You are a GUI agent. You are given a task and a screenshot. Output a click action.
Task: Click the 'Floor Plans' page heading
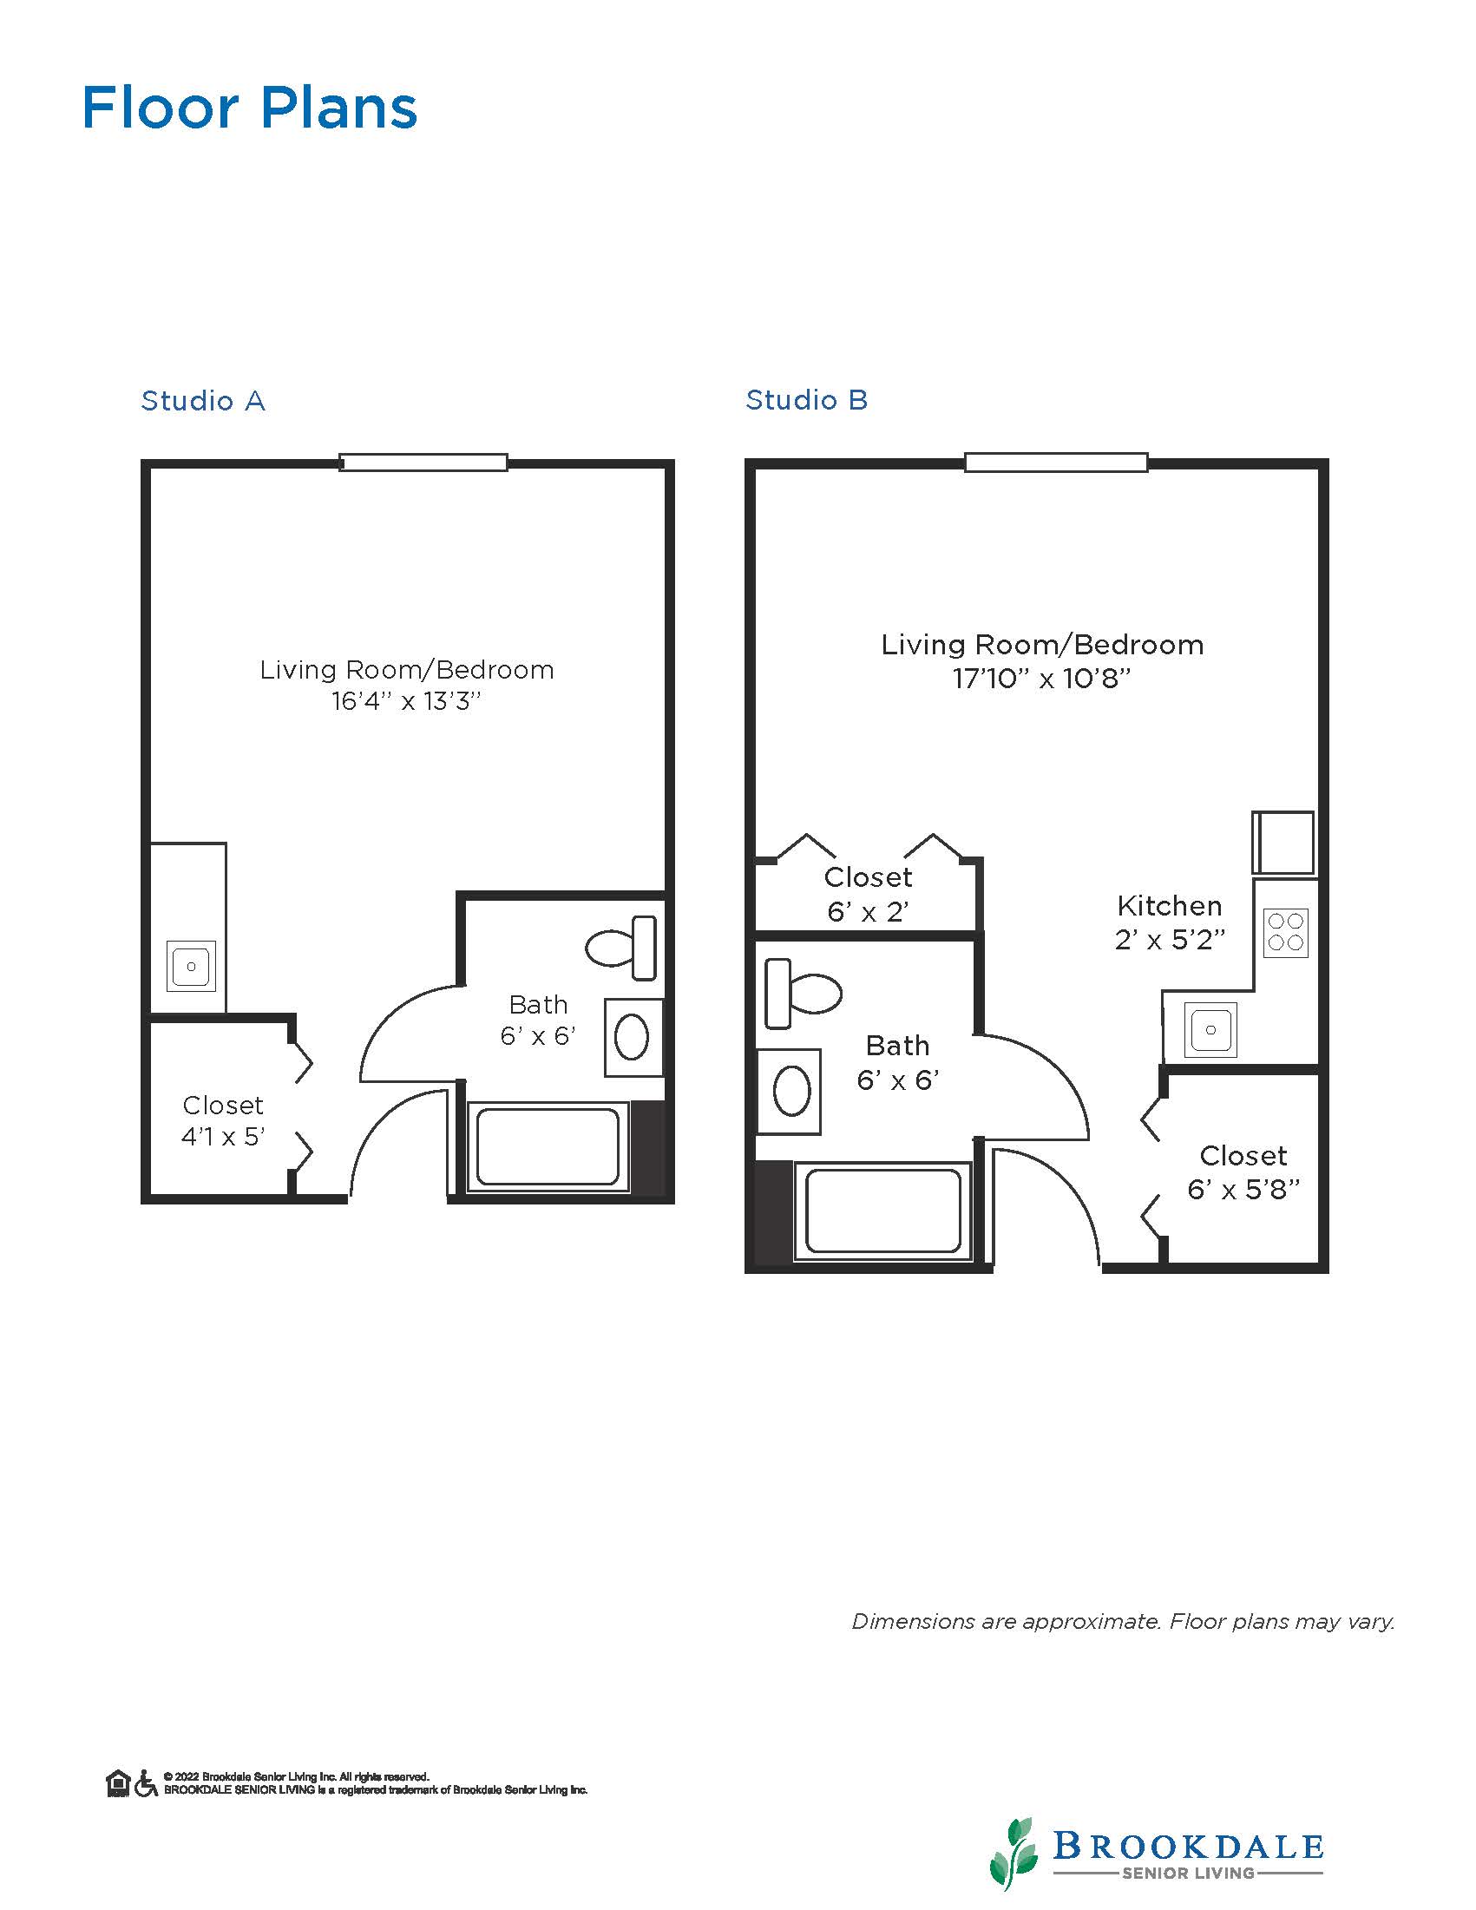point(250,108)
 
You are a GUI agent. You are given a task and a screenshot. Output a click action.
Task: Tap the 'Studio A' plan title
point(203,401)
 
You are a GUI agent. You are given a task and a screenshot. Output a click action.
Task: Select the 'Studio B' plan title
point(806,400)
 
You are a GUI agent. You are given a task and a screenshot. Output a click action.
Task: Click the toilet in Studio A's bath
point(620,948)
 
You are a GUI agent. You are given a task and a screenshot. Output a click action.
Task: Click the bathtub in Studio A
point(548,1146)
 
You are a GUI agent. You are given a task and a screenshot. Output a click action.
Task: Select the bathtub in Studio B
point(882,1211)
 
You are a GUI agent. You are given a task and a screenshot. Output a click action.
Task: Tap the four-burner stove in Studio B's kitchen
point(1285,932)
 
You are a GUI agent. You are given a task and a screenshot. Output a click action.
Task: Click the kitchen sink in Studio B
point(1210,1029)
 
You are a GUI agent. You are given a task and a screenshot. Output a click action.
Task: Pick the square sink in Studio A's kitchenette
point(191,967)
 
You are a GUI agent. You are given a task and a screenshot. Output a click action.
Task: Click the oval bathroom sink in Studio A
point(632,1038)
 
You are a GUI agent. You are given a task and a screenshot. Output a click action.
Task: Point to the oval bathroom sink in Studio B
point(792,1092)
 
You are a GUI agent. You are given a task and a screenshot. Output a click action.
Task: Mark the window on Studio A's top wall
point(423,463)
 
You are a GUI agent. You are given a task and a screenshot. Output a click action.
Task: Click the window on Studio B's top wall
point(1056,463)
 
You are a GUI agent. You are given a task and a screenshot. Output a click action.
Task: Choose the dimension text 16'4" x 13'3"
point(407,701)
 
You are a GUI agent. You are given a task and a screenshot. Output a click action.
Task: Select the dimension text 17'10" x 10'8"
point(1041,678)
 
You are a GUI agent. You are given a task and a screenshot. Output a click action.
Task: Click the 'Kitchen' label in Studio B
point(1169,905)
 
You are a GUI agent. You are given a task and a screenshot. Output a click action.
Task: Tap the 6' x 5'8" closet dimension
point(1243,1190)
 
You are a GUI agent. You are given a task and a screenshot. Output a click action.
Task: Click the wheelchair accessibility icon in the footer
point(146,1783)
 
